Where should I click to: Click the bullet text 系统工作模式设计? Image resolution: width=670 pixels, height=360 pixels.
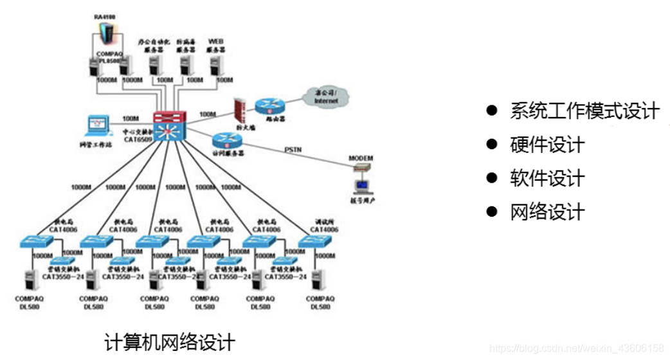click(584, 111)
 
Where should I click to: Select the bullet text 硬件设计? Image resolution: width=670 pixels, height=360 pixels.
click(547, 144)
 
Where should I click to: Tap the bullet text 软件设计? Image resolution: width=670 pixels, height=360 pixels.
click(547, 177)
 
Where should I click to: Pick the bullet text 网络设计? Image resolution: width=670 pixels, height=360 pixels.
click(547, 211)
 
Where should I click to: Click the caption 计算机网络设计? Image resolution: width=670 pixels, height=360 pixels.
click(170, 341)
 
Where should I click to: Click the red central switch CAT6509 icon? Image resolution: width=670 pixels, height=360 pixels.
click(169, 126)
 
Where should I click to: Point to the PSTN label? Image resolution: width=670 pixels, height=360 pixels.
click(293, 150)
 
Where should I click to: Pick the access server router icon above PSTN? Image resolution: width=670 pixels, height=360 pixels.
click(226, 140)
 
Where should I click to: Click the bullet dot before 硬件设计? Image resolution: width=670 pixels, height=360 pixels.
click(493, 144)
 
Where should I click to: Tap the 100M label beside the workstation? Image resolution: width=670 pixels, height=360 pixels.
click(131, 119)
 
